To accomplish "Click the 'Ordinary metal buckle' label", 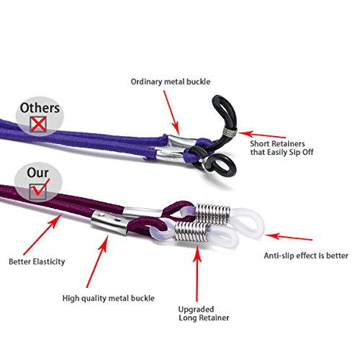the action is [171, 82].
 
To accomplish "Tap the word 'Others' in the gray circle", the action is [40, 108].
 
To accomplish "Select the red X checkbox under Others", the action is [38, 124].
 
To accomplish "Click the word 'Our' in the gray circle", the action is [37, 173].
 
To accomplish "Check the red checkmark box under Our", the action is [38, 190].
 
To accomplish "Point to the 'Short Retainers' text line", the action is [277, 144].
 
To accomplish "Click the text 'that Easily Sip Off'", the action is [282, 152].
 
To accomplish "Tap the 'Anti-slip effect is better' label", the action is [306, 256].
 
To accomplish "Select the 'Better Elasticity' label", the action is [37, 261].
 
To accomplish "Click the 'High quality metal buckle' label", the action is [109, 298].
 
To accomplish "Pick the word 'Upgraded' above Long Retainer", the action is [196, 310].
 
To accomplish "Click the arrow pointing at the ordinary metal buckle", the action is [171, 113].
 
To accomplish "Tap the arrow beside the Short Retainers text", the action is [262, 135].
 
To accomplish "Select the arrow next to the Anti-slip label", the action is [289, 237].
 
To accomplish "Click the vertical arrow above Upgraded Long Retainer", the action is [197, 272].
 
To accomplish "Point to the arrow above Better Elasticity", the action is [42, 234].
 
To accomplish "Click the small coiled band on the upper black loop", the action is [230, 132].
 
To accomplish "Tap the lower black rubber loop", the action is [216, 163].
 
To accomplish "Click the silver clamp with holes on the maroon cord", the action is [109, 222].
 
